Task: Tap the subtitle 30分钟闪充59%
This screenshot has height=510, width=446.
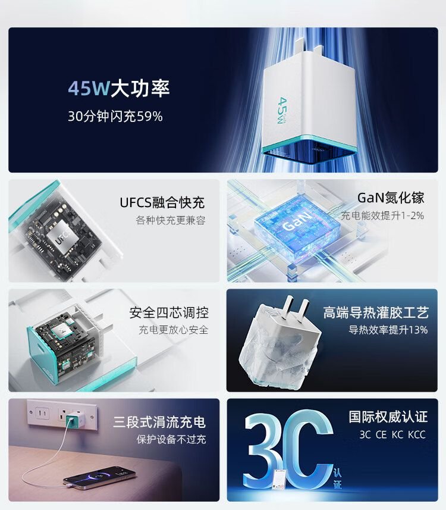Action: coord(115,117)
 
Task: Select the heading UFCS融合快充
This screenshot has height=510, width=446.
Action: coord(162,202)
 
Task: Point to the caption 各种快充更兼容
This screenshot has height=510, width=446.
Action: coord(171,221)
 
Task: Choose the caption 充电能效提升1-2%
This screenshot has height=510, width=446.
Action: coord(382,215)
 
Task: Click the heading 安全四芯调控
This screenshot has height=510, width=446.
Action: coord(169,312)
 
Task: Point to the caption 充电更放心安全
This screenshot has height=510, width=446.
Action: coord(173,330)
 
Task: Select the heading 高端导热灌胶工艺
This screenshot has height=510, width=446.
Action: coord(375,312)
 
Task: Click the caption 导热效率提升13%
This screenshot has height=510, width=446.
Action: coord(388,330)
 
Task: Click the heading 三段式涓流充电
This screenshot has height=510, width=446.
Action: coord(159,422)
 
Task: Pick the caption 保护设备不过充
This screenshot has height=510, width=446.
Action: coord(168,440)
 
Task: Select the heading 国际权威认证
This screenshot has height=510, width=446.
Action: coord(388,417)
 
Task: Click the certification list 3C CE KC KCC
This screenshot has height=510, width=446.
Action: coord(392,434)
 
